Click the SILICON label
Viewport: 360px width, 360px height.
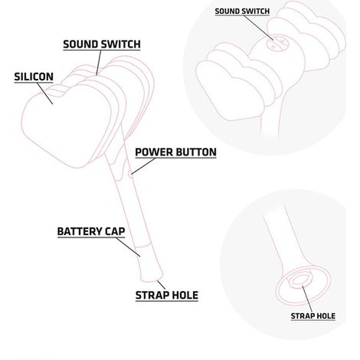[34, 77]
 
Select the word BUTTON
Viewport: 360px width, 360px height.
[196, 152]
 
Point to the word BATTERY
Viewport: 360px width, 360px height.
[77, 231]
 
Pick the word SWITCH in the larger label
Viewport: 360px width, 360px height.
[120, 44]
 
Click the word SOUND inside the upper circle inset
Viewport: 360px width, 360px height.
[226, 11]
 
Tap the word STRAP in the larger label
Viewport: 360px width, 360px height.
[152, 296]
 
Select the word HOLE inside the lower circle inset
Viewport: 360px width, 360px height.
[326, 316]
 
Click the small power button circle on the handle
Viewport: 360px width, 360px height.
[131, 175]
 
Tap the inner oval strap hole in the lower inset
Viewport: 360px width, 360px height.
[301, 280]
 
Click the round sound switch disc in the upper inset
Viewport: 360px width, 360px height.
[277, 44]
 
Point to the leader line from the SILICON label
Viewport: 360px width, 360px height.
[45, 93]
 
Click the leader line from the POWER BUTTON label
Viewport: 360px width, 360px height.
[143, 166]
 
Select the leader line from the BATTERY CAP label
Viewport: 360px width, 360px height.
[129, 247]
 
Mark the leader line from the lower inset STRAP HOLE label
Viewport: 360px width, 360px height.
[307, 299]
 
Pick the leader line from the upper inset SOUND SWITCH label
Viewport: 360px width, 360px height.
[258, 28]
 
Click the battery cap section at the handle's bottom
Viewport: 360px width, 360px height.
[150, 263]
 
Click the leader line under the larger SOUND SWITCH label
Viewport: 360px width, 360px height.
[99, 63]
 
